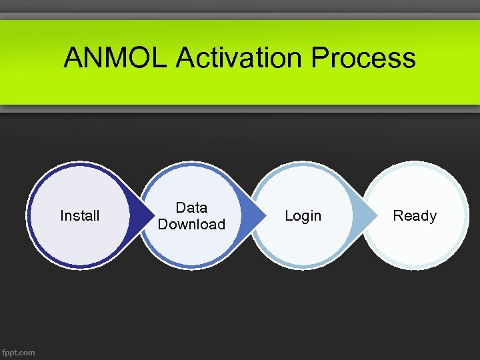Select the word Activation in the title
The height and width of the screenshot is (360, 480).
pos(240,58)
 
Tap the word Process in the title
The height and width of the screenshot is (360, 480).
pos(363,58)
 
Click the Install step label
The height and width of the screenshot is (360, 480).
pos(79,216)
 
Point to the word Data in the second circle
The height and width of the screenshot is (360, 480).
pos(191,208)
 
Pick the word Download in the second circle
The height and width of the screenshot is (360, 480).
pos(191,225)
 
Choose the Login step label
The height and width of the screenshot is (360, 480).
pos(303,216)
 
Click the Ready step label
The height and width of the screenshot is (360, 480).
pos(415,216)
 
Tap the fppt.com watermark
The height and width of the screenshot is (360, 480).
pos(19,352)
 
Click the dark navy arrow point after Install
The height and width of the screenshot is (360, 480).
pos(139,216)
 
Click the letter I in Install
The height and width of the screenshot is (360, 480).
pos(62,216)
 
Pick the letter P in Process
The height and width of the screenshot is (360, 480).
pos(321,58)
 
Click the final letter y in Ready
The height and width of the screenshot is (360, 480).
pos(433,217)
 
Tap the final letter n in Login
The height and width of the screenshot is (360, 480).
pos(317,217)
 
